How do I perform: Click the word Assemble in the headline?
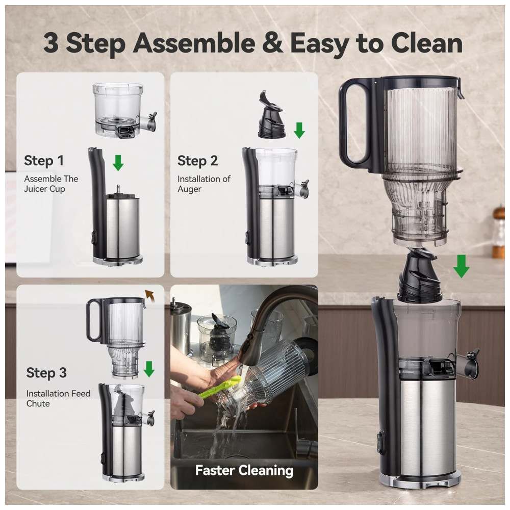[194, 43]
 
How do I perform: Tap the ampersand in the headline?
[272, 43]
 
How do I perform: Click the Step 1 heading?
[44, 161]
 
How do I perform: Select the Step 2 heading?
[197, 161]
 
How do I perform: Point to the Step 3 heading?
[46, 373]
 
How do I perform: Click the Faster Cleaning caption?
[244, 470]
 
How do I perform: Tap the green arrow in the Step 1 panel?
[118, 163]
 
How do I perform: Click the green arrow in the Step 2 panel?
[299, 130]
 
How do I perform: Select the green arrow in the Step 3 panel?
[149, 369]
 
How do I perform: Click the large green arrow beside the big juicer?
[461, 266]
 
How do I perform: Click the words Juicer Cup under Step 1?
[44, 189]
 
